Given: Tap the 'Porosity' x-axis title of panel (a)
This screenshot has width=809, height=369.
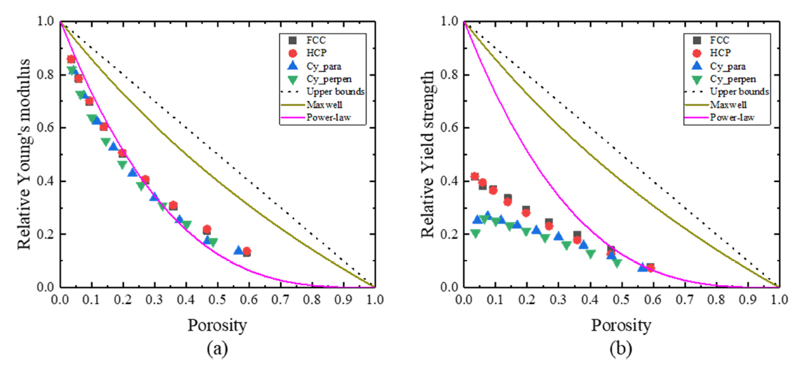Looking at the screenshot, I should [217, 325].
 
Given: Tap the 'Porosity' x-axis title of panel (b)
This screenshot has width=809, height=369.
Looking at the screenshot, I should [621, 325].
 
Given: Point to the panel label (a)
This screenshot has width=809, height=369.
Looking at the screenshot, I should [217, 349].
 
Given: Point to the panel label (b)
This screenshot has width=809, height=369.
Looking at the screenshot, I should [621, 349].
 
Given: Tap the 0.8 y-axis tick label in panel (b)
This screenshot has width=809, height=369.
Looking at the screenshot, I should [449, 74].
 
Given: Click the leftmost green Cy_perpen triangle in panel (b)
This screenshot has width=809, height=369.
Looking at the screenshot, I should [475, 233].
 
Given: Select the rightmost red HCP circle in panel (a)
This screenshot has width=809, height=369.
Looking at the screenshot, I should [246, 252].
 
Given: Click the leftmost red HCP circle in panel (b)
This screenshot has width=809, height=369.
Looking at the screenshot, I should [474, 177].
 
